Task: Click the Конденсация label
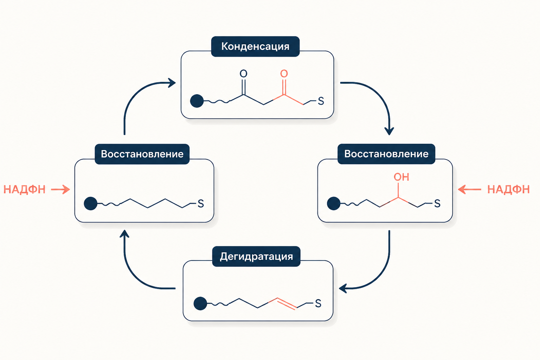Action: pyautogui.click(x=255, y=46)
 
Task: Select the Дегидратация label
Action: pyautogui.click(x=256, y=256)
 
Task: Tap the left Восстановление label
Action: pyautogui.click(x=142, y=154)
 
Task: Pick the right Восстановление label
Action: pyautogui.click(x=386, y=154)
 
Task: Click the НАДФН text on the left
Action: pyautogui.click(x=24, y=189)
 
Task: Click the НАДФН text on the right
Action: pyautogui.click(x=508, y=189)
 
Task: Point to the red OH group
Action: pyautogui.click(x=401, y=177)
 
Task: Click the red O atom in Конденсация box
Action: pyautogui.click(x=284, y=74)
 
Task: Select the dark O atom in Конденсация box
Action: pyautogui.click(x=244, y=74)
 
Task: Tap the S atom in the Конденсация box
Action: pyautogui.click(x=321, y=101)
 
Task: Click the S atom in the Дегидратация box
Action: pyautogui.click(x=318, y=303)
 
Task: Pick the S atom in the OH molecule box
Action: pyautogui.click(x=437, y=204)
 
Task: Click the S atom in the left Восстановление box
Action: pyautogui.click(x=201, y=204)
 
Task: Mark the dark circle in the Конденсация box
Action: pyautogui.click(x=197, y=101)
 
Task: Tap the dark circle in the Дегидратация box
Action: pyautogui.click(x=200, y=303)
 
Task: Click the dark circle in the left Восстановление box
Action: pyautogui.click(x=91, y=204)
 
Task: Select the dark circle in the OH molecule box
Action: pyautogui.click(x=334, y=204)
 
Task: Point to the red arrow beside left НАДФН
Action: pyautogui.click(x=60, y=189)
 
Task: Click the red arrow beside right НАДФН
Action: pyautogui.click(x=469, y=189)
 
